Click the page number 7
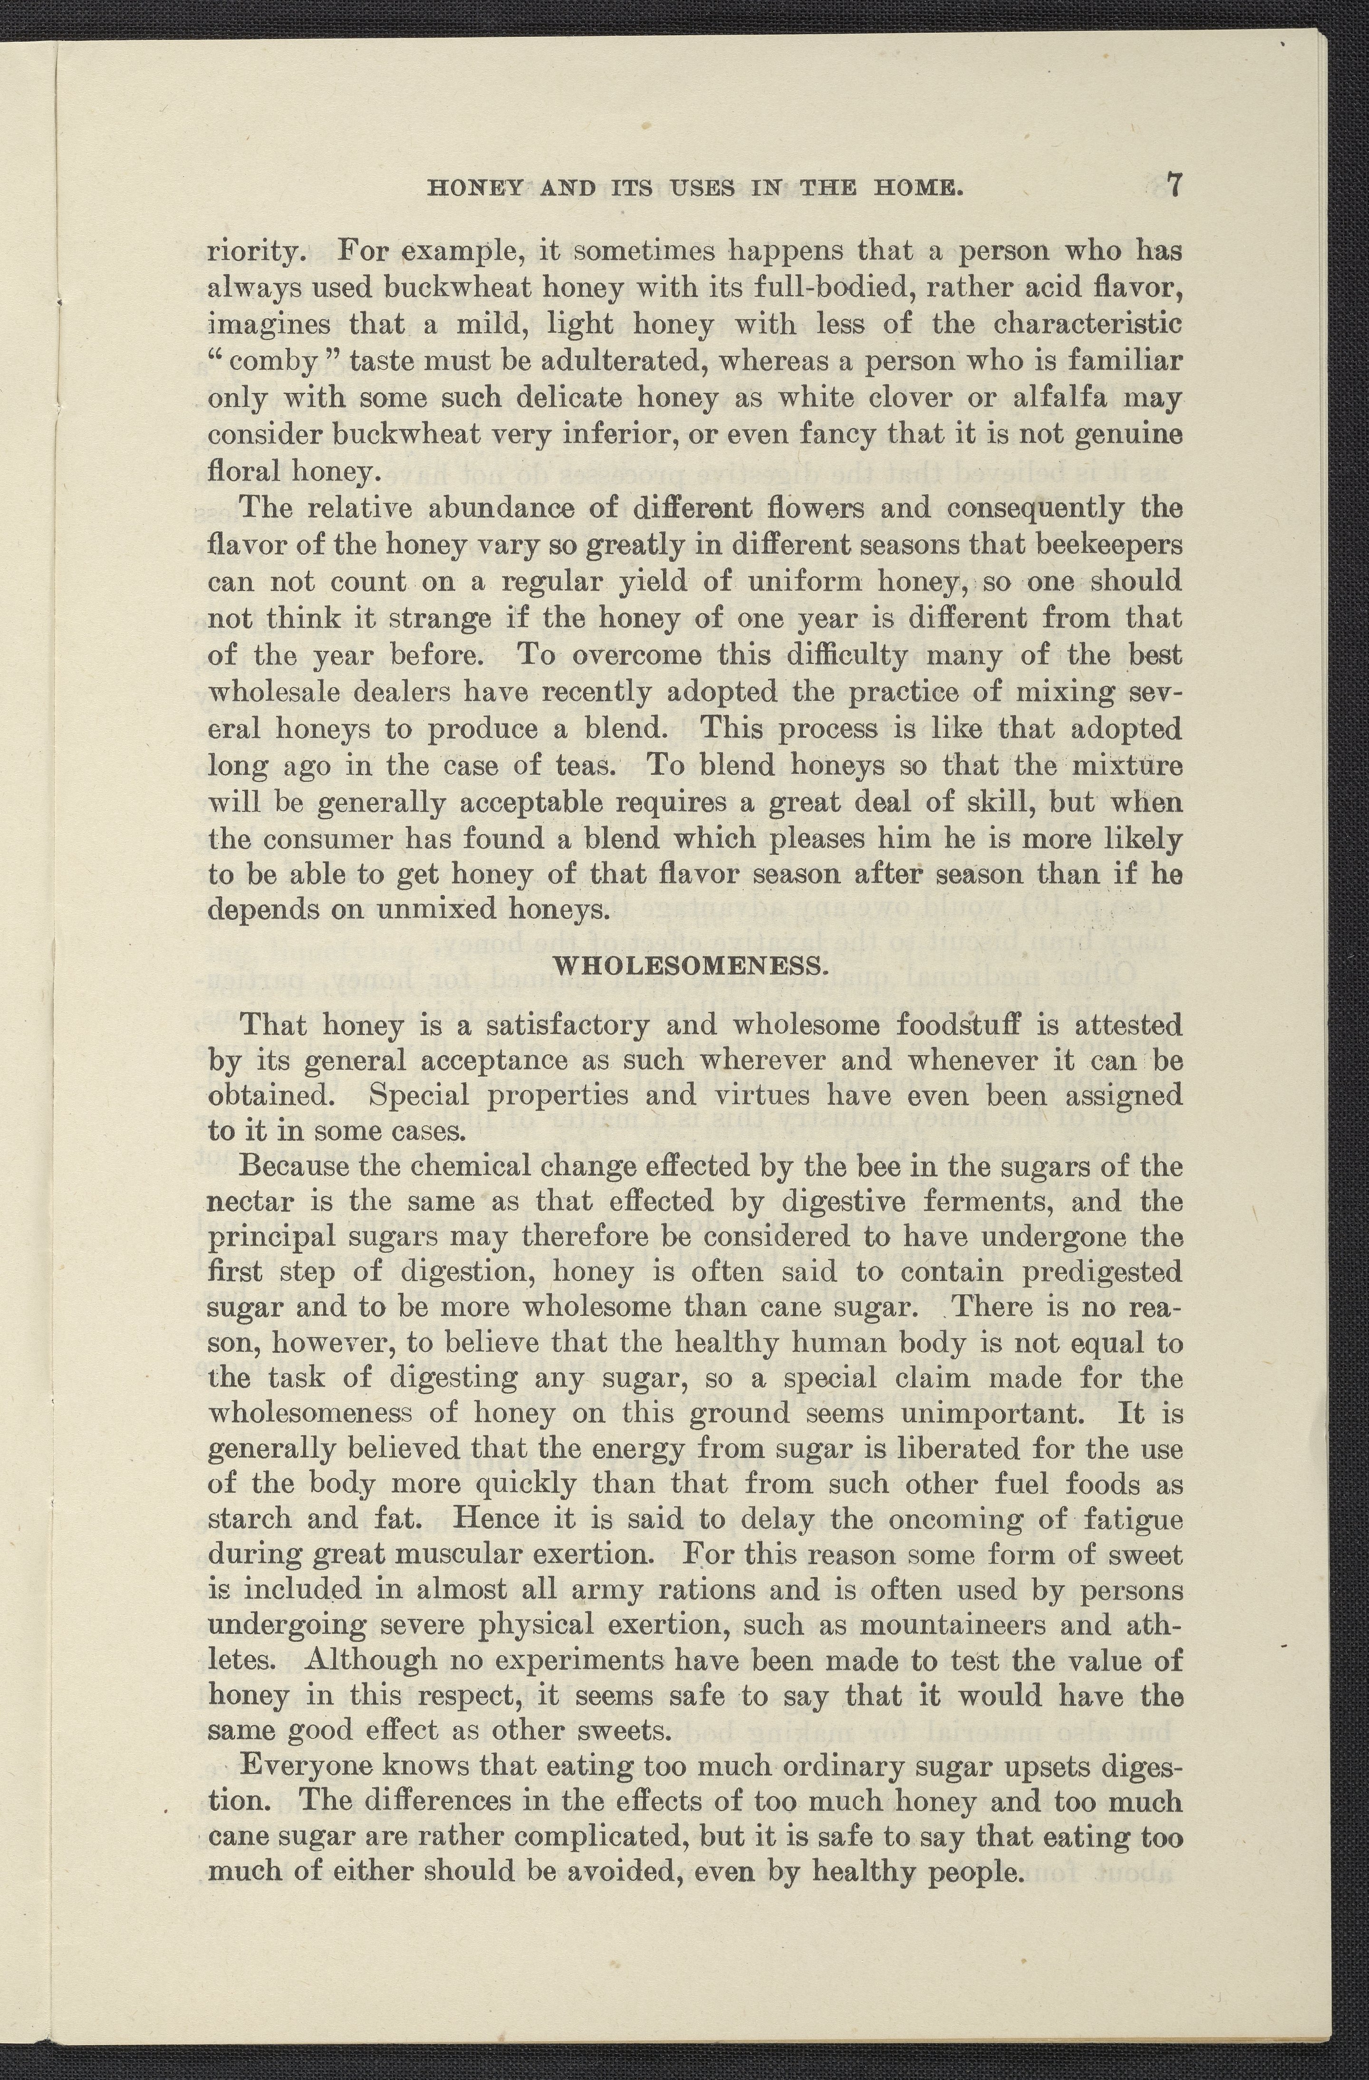(x=1173, y=186)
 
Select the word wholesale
(x=272, y=692)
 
